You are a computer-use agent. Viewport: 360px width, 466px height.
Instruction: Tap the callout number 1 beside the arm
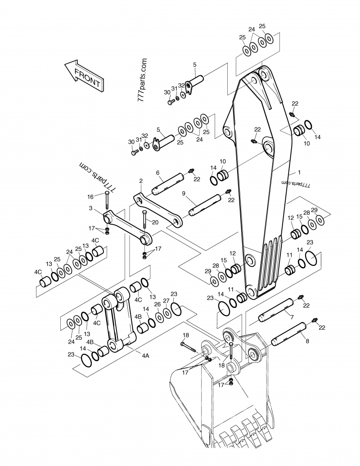(299, 172)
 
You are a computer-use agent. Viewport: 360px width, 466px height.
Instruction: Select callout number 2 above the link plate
(141, 181)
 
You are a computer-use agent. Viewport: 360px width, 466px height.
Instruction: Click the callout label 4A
(145, 355)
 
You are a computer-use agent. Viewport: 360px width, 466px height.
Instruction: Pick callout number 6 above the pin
(158, 173)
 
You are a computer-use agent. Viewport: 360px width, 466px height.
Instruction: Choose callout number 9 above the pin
(184, 194)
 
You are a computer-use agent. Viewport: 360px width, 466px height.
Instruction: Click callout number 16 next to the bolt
(90, 196)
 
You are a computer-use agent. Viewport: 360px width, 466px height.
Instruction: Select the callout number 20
(155, 222)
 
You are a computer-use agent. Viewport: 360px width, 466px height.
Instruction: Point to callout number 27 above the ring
(166, 300)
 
